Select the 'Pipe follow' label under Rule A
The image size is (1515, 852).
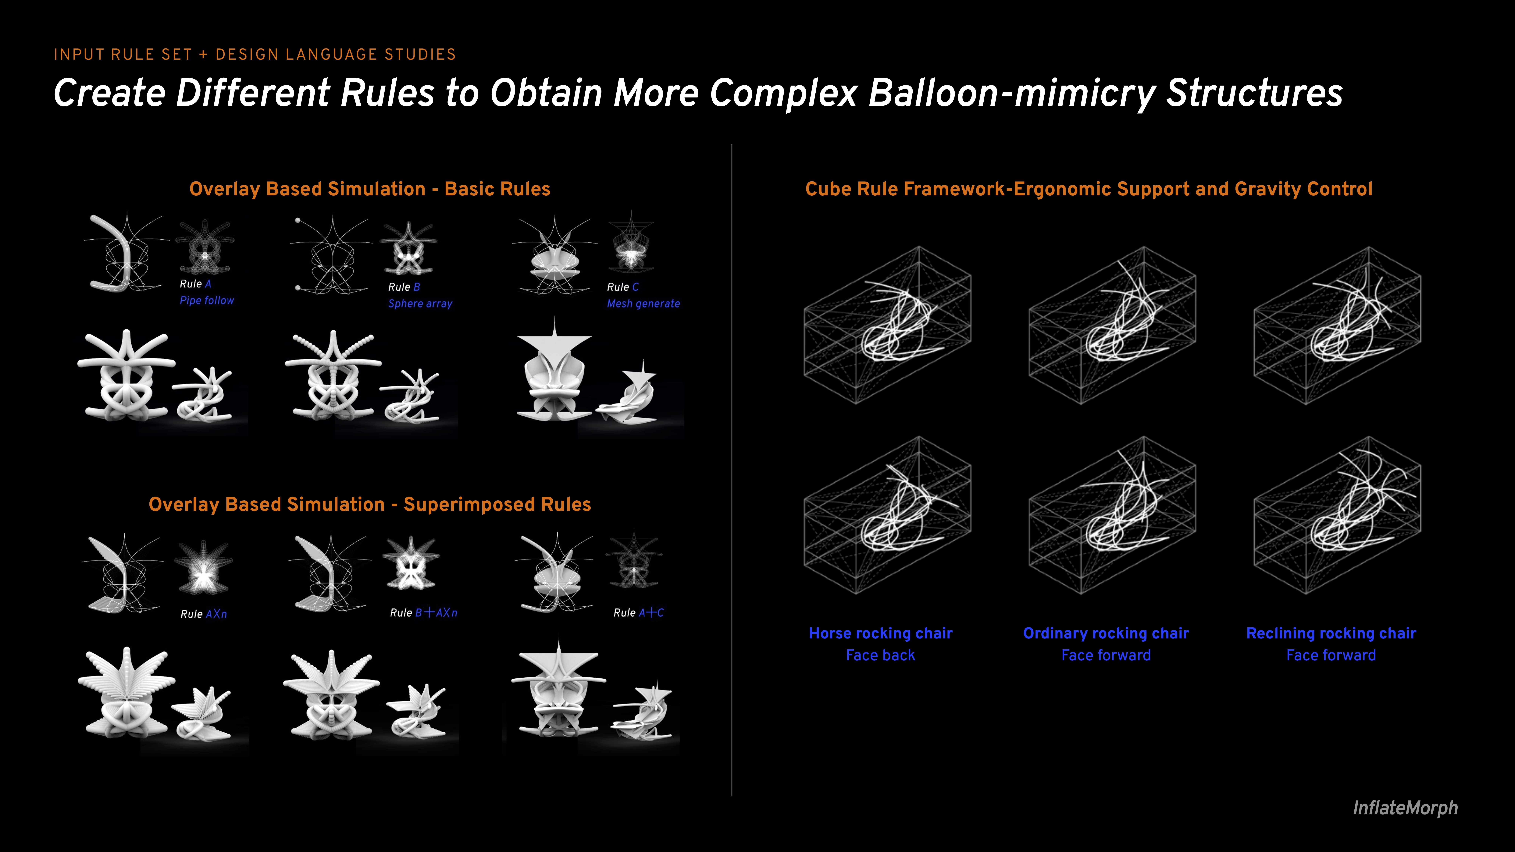tap(206, 300)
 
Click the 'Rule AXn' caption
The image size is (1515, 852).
tap(204, 614)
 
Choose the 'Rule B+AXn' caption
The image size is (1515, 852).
tap(423, 613)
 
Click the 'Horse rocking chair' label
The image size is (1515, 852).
tap(880, 633)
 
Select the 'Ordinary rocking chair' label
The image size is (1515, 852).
tap(1106, 633)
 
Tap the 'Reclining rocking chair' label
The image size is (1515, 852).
tap(1331, 633)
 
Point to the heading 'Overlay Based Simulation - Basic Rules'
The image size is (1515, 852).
tap(370, 189)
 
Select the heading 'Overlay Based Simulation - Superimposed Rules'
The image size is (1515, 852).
tap(370, 505)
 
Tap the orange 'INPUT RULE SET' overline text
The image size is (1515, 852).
tap(123, 55)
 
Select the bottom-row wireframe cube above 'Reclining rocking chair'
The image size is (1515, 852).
tap(1337, 515)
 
